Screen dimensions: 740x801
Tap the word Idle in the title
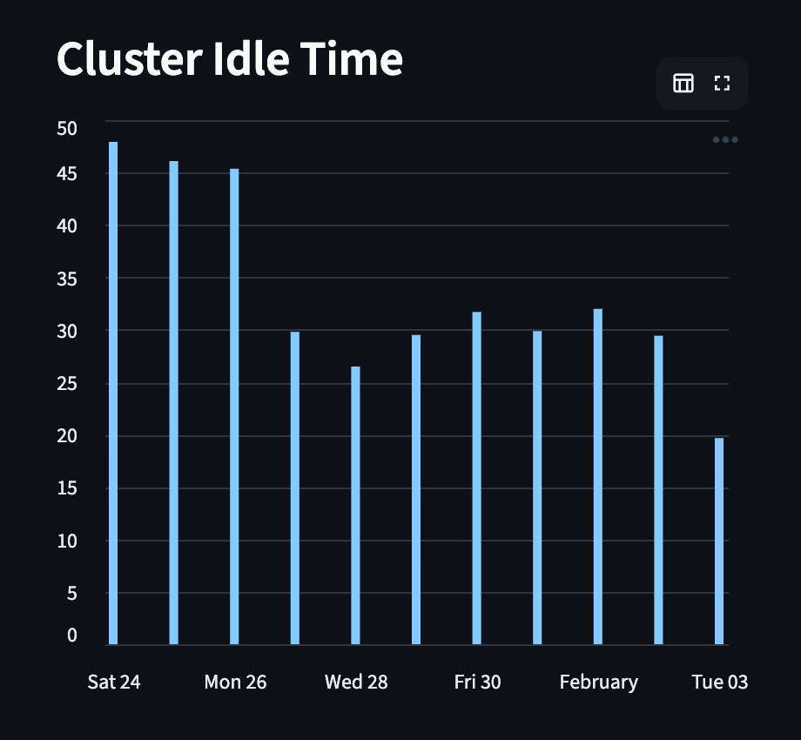(x=248, y=59)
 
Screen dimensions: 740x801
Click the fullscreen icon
(x=721, y=84)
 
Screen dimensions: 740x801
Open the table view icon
(x=683, y=84)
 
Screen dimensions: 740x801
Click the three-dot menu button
(x=724, y=139)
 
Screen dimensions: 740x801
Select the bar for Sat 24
(x=113, y=392)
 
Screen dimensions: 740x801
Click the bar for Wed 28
(x=355, y=505)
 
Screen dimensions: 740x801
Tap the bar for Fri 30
(x=476, y=478)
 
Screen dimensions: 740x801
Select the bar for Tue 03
(x=719, y=541)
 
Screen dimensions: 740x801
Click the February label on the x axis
(x=598, y=682)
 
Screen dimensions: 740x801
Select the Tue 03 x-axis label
(x=719, y=682)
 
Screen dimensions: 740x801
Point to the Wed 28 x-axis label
(x=356, y=682)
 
